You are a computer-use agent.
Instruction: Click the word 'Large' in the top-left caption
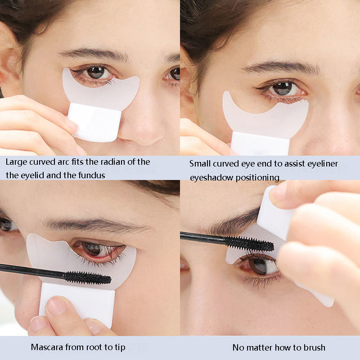(14, 162)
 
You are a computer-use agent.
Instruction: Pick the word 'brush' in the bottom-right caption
(315, 347)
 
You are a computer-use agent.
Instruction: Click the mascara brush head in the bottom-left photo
(87, 278)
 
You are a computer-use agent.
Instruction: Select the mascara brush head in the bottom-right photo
(250, 244)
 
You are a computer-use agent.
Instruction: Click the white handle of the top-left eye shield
(94, 122)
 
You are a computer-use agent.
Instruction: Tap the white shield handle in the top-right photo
(260, 144)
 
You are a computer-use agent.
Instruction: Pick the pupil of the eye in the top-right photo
(283, 89)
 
